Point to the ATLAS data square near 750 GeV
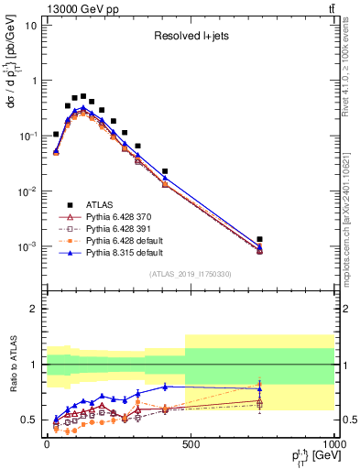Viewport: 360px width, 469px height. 260,239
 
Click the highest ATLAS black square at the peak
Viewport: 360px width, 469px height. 83,96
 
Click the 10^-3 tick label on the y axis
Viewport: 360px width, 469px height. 27,247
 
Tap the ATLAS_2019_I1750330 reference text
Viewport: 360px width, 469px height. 190,274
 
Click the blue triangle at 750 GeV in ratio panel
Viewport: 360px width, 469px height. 260,388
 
